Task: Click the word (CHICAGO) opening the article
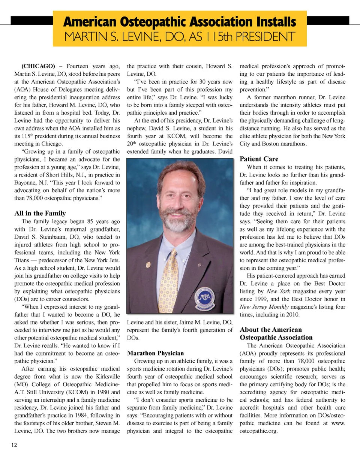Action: [x=38, y=66]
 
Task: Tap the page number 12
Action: [x=14, y=445]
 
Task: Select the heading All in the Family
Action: [x=40, y=213]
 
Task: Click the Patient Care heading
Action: [x=259, y=159]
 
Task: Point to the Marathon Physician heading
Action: [x=155, y=353]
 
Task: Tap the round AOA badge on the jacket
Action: [x=205, y=297]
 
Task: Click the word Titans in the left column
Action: [x=21, y=260]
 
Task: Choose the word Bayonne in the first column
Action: [x=25, y=183]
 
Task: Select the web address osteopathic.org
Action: [x=258, y=431]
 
